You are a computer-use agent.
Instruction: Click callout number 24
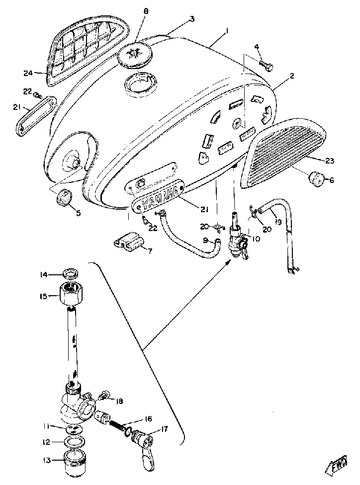[x=27, y=73]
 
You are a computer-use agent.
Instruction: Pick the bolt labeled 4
[x=267, y=65]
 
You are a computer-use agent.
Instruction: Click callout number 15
[x=44, y=297]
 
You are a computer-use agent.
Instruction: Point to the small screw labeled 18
[x=104, y=396]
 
